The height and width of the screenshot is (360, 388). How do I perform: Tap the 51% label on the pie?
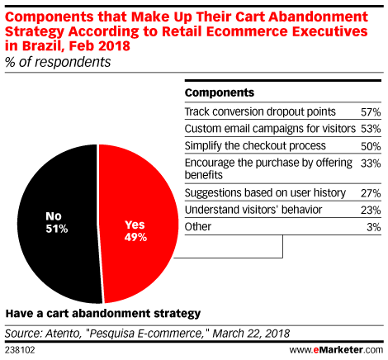[x=57, y=229]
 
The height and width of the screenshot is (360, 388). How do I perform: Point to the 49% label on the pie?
[x=135, y=237]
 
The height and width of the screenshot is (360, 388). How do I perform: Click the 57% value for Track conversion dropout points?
[x=371, y=112]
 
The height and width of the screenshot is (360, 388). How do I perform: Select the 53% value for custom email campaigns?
[x=371, y=129]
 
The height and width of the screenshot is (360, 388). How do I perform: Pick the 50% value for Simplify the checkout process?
[x=371, y=146]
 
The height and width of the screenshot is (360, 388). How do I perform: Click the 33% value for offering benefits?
[x=371, y=163]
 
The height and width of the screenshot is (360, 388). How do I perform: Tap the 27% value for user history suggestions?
[x=371, y=193]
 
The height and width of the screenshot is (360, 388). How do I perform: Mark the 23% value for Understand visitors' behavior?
[x=371, y=211]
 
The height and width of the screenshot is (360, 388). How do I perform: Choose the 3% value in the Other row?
[x=374, y=227]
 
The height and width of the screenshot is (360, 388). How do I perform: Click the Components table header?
[x=220, y=92]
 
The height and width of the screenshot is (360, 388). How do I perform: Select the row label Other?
[x=198, y=227]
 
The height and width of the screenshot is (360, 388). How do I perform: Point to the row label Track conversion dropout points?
[x=260, y=112]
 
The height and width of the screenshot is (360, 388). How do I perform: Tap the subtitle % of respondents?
[x=58, y=62]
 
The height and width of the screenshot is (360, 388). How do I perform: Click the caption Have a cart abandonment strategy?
[x=103, y=314]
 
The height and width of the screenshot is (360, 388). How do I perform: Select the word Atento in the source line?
[x=62, y=334]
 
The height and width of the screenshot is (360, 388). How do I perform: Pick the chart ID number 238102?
[x=20, y=350]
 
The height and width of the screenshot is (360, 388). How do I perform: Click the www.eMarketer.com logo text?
[x=336, y=350]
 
